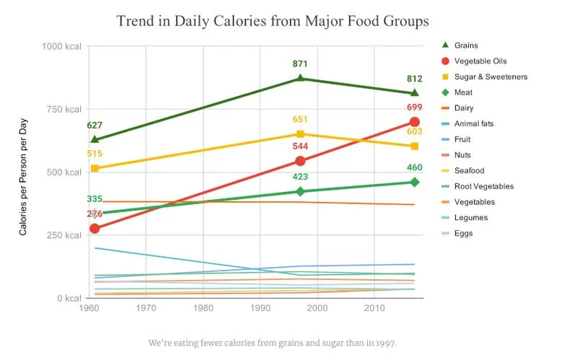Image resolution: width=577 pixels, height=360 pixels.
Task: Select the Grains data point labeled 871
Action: tap(301, 79)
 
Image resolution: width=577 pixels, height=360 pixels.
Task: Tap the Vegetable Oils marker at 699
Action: tap(414, 122)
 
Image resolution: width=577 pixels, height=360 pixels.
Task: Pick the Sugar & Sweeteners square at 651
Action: tap(301, 134)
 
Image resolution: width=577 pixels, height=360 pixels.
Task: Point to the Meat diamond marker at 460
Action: tap(414, 182)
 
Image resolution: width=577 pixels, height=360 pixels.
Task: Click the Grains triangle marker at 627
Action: tap(94, 139)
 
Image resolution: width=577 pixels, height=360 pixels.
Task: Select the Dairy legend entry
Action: tap(464, 108)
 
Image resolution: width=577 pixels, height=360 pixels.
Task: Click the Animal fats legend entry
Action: tap(474, 123)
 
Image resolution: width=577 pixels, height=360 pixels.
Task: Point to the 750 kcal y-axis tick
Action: tap(61, 109)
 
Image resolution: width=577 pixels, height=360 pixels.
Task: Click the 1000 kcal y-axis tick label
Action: tap(59, 46)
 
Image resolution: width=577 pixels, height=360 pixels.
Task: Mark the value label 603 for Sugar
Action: tap(415, 131)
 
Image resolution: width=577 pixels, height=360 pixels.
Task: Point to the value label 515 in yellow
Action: tap(94, 154)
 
